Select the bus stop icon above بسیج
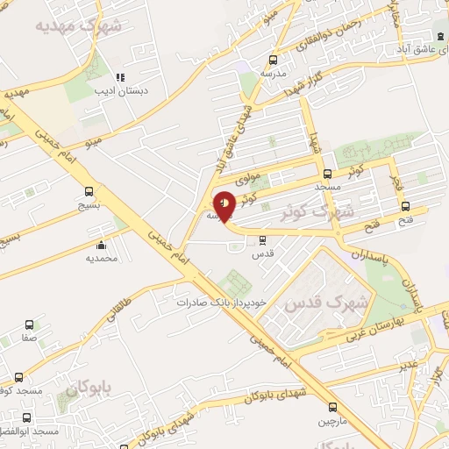tap(89, 192)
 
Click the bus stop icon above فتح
tap(404, 207)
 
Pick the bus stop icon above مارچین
tap(332, 407)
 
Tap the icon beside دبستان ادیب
tap(120, 77)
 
